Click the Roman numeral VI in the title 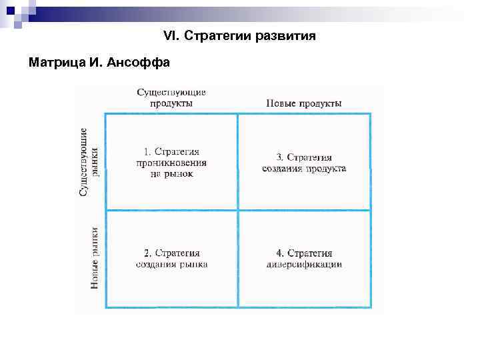(x=169, y=35)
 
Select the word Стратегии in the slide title (x=215, y=35)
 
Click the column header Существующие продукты (x=171, y=97)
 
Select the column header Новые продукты (x=304, y=103)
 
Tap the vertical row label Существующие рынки (x=91, y=161)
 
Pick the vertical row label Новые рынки (x=95, y=258)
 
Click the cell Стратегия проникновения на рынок (x=171, y=162)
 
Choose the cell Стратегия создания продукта (x=304, y=163)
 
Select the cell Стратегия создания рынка (x=171, y=258)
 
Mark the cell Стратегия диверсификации (x=304, y=258)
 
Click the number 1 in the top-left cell (x=146, y=152)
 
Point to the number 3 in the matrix (x=279, y=157)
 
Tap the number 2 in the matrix (x=147, y=253)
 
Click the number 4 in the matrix (x=279, y=253)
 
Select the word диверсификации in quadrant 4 (x=304, y=264)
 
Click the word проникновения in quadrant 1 (x=171, y=163)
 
